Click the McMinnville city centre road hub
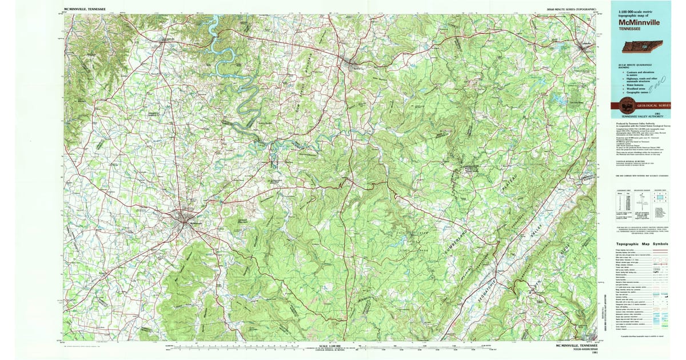[x=186, y=217]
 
